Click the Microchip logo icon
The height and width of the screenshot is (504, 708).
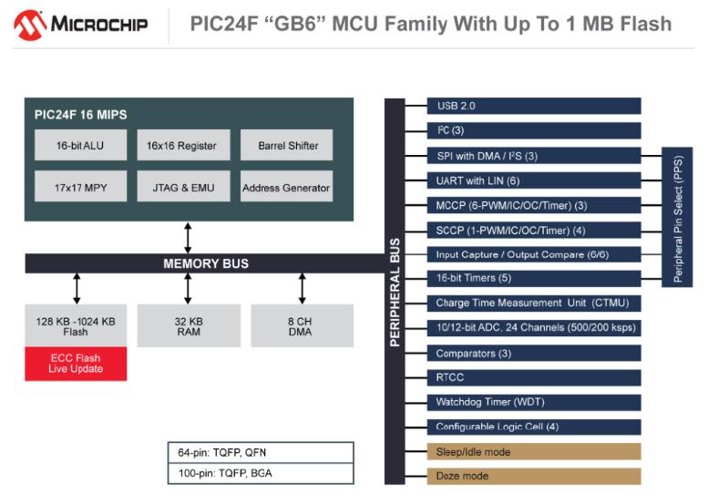(x=30, y=25)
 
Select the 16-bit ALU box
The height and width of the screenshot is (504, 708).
(x=81, y=146)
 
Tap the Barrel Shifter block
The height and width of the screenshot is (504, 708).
(x=286, y=146)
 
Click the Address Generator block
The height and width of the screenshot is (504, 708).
(x=286, y=188)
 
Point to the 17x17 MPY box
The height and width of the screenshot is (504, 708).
(x=81, y=188)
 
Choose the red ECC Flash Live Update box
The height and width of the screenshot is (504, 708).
(x=76, y=364)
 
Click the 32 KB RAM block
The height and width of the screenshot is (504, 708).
(x=188, y=326)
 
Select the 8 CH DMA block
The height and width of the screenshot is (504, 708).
(x=302, y=326)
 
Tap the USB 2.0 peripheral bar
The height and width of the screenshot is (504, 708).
(x=533, y=106)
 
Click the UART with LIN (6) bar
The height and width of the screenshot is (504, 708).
(x=533, y=180)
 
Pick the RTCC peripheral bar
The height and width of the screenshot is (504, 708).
(x=533, y=377)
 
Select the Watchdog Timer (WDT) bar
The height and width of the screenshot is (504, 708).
(x=533, y=402)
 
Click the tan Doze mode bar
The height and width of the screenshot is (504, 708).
(x=533, y=476)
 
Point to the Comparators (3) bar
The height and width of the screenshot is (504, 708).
(x=533, y=353)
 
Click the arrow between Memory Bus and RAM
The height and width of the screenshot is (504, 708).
(x=188, y=288)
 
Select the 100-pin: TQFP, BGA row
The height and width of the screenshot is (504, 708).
(x=260, y=473)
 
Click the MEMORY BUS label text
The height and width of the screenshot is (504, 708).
(x=206, y=263)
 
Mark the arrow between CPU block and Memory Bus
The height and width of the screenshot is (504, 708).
(x=188, y=237)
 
